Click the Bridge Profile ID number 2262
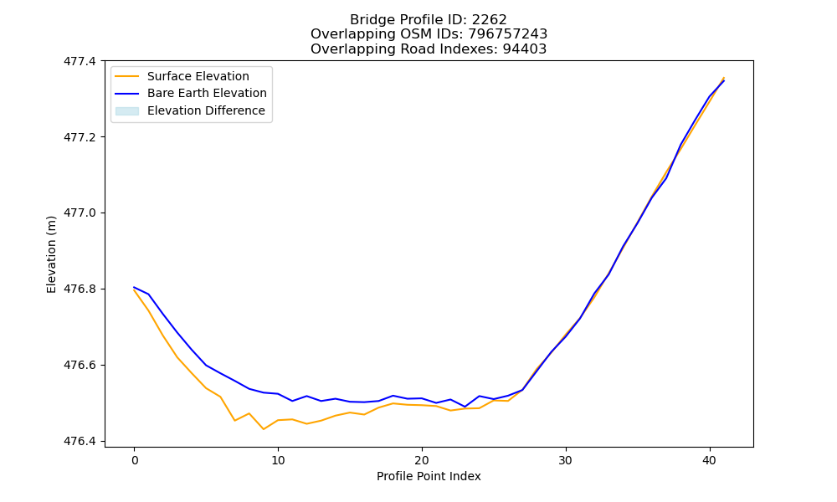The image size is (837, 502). tap(489, 20)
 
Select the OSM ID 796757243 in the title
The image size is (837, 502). tap(508, 34)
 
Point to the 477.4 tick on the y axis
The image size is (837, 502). tap(80, 61)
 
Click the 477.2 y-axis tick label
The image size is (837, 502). tap(80, 137)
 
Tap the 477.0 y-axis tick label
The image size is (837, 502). tap(80, 213)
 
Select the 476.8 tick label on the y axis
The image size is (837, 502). tap(80, 289)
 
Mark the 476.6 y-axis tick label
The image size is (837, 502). tap(80, 366)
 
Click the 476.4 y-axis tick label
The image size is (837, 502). tap(80, 441)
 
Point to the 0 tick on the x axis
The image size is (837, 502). tap(135, 460)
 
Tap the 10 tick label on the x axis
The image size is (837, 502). tap(278, 460)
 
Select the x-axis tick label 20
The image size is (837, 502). tap(422, 460)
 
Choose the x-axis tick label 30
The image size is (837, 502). tap(566, 460)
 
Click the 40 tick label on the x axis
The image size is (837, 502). tap(710, 460)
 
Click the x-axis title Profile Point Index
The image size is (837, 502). tap(429, 476)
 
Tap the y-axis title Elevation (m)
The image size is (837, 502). tap(51, 254)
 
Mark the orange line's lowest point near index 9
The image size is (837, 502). tap(264, 429)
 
